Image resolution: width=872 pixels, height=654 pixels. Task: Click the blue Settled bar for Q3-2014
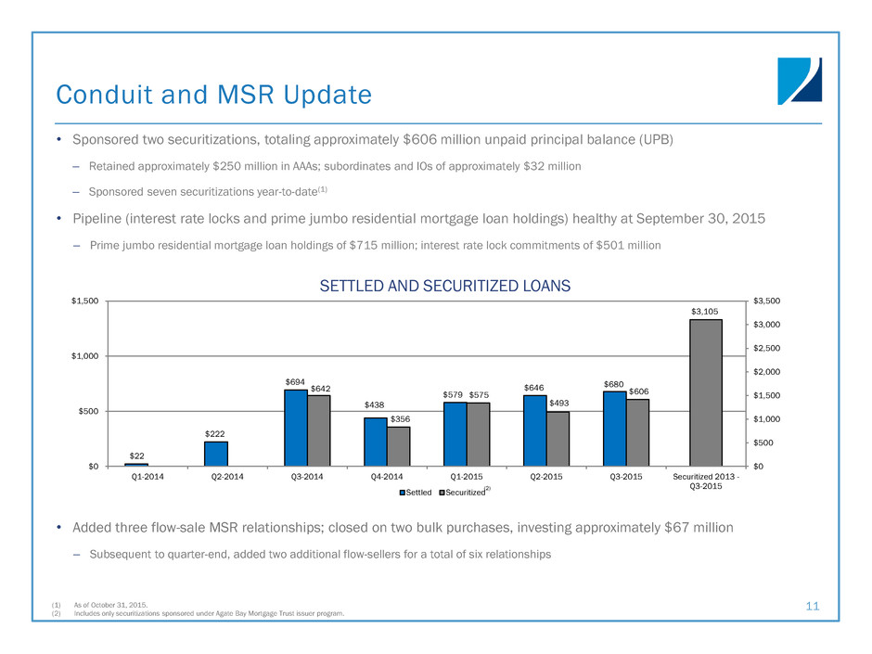(295, 428)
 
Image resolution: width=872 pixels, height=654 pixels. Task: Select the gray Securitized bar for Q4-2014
(398, 446)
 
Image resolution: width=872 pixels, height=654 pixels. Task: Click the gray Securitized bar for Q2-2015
(558, 439)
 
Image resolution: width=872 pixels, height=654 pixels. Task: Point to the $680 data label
(613, 383)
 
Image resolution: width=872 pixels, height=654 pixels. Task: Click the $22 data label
(135, 455)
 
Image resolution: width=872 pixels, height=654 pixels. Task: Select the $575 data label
(479, 395)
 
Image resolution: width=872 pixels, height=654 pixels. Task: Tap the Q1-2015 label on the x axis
(455, 480)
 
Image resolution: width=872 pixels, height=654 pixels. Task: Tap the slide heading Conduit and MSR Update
(213, 95)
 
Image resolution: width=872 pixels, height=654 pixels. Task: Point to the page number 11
(813, 606)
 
